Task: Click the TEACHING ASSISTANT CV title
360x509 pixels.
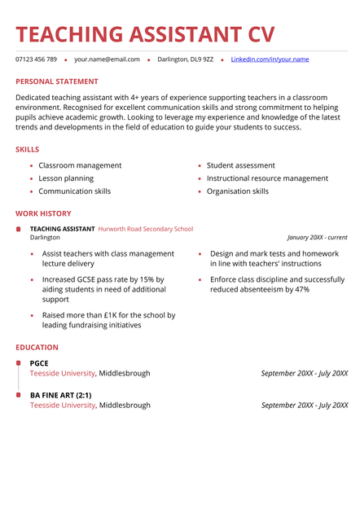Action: (145, 34)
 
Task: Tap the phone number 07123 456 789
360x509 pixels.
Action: (36, 59)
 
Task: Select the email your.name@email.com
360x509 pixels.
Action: (107, 59)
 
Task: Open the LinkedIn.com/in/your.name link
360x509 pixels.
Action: (270, 59)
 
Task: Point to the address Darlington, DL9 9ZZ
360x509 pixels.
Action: (185, 59)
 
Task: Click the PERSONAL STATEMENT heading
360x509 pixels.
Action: (57, 81)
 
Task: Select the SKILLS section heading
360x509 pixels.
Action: (27, 150)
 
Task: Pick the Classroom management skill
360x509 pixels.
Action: (80, 165)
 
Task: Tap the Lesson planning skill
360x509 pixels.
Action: (66, 178)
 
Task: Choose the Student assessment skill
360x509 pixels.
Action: (240, 165)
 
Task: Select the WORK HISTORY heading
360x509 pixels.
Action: (43, 213)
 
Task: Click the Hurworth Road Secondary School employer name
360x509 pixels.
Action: (146, 229)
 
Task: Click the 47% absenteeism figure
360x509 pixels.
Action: (301, 289)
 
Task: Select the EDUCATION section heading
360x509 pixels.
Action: (37, 348)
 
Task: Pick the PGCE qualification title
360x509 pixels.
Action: (39, 363)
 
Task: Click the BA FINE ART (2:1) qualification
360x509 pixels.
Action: (61, 395)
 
